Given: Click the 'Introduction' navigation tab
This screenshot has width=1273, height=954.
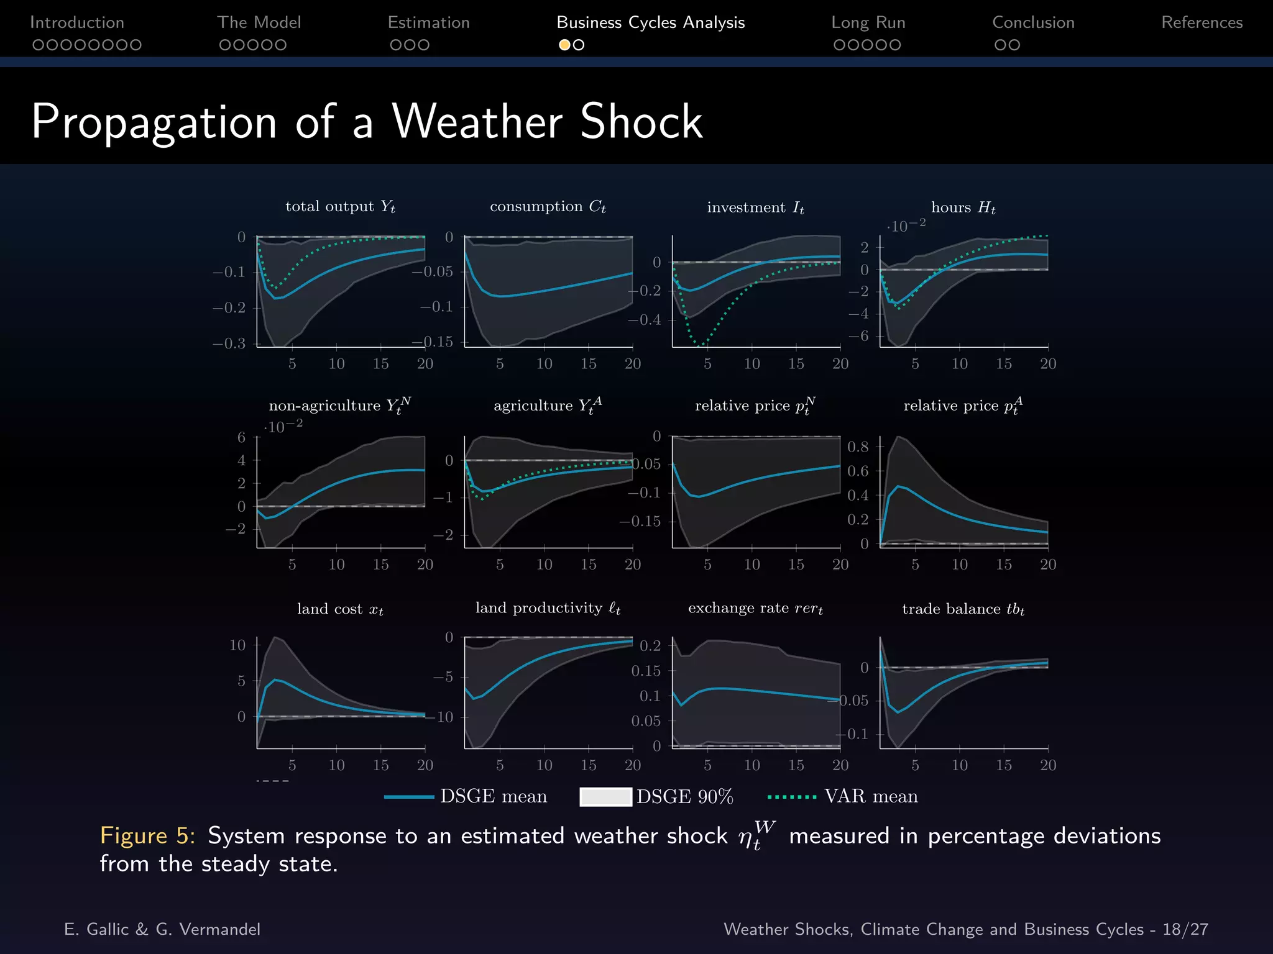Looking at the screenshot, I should pyautogui.click(x=77, y=22).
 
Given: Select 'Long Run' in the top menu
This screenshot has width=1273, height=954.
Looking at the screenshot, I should pyautogui.click(x=868, y=22).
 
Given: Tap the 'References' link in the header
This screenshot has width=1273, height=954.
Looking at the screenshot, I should pyautogui.click(x=1202, y=22).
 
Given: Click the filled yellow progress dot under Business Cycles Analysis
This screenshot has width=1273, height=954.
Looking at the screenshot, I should pyautogui.click(x=564, y=45).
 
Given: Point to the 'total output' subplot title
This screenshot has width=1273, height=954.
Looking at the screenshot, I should pyautogui.click(x=340, y=206).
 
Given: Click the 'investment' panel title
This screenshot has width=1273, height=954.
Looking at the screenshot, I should pyautogui.click(x=755, y=207).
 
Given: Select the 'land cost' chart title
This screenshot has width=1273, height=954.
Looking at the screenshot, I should pyautogui.click(x=340, y=609).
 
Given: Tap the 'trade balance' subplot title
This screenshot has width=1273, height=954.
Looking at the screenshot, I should pyautogui.click(x=963, y=609).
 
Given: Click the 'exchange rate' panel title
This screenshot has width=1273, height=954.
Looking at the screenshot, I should pyautogui.click(x=755, y=608).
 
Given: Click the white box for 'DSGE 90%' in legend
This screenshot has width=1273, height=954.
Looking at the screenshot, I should pyautogui.click(x=605, y=797).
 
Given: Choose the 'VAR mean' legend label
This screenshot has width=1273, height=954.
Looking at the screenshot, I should pyautogui.click(x=870, y=796).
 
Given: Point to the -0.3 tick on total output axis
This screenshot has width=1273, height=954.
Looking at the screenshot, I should pyautogui.click(x=229, y=343).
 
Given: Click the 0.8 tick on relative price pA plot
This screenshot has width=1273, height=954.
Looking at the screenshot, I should pyautogui.click(x=858, y=447).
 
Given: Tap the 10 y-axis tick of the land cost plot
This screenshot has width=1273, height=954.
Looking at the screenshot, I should pyautogui.click(x=237, y=645).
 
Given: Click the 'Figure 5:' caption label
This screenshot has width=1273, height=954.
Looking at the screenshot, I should pyautogui.click(x=147, y=836).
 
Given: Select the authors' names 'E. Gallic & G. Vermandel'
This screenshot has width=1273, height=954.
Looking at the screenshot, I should pyautogui.click(x=162, y=929).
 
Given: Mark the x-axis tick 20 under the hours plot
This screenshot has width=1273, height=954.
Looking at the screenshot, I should pyautogui.click(x=1047, y=364).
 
